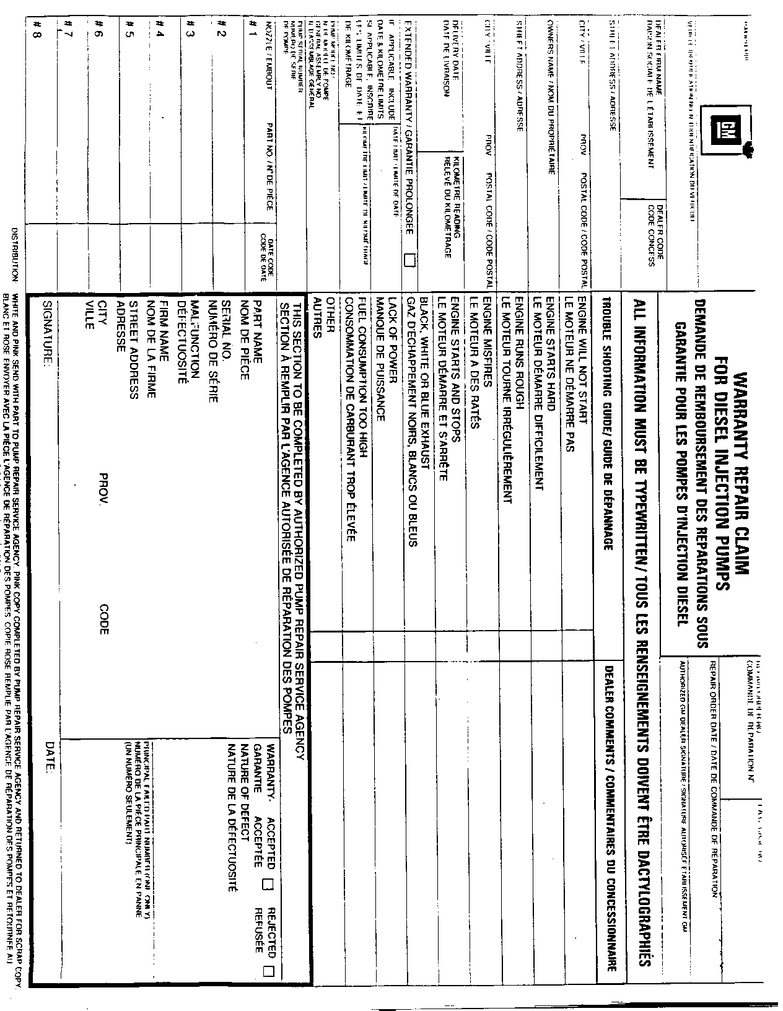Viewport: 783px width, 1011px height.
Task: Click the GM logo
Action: point(724,128)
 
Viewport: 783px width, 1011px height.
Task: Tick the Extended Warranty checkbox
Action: point(408,260)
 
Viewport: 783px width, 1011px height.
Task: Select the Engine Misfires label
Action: point(487,338)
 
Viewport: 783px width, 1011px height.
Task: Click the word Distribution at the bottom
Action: point(15,254)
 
